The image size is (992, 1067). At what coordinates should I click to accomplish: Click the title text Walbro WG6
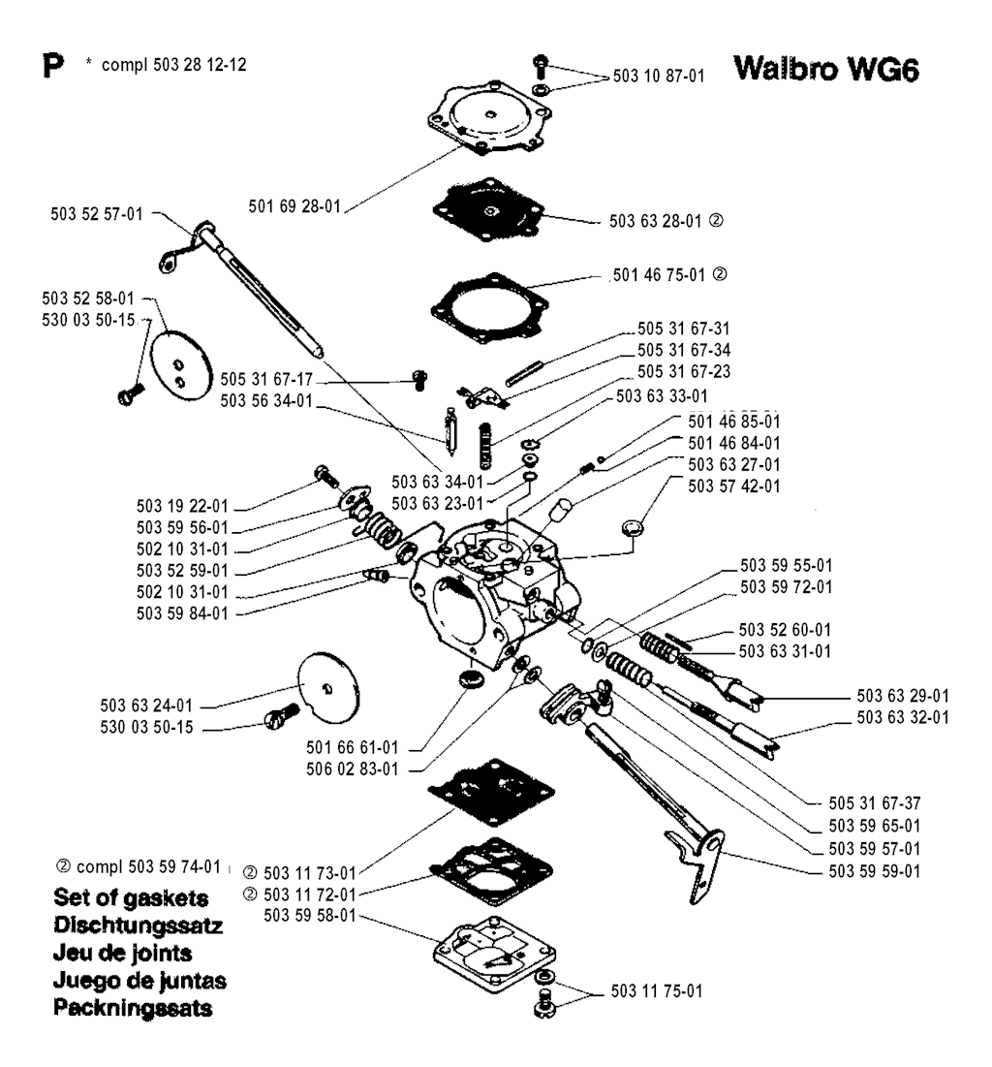click(x=824, y=72)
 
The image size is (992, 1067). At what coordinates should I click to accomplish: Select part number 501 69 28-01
click(x=294, y=205)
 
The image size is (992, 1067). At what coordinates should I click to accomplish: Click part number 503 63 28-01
click(x=656, y=221)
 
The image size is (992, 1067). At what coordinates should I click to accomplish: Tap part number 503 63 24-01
click(x=151, y=705)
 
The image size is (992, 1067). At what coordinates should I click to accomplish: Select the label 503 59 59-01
click(x=860, y=870)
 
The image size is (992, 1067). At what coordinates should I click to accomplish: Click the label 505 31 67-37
click(x=861, y=803)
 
